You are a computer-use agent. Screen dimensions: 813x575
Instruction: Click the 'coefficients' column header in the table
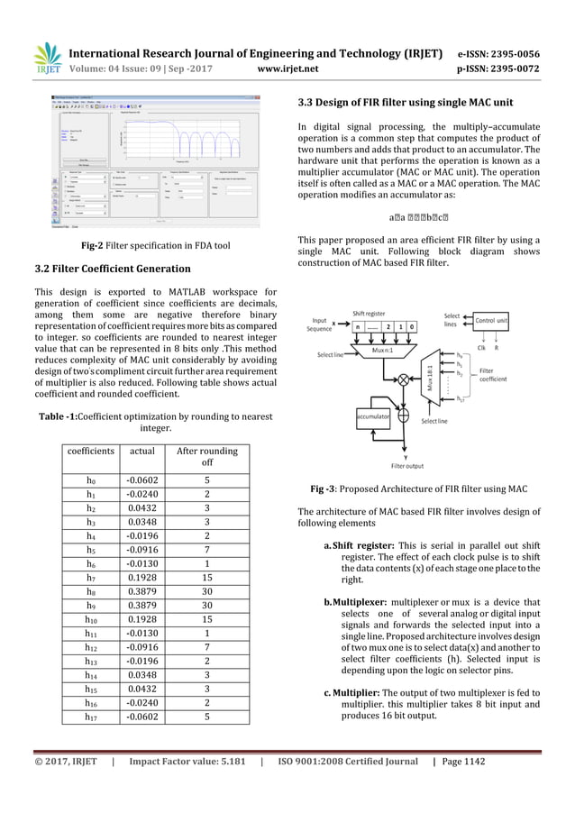(86, 451)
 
